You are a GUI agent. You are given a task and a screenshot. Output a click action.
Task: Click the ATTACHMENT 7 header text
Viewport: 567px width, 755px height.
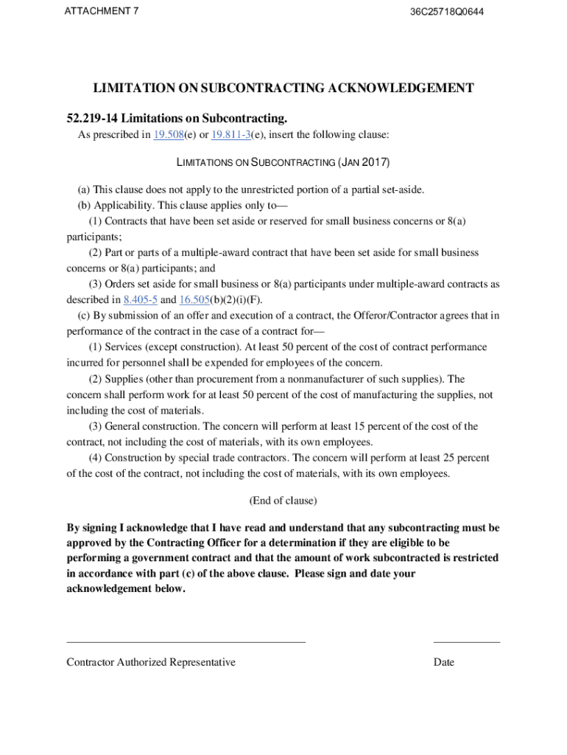102,12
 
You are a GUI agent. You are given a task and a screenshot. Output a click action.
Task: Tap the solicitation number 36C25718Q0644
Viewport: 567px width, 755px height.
447,13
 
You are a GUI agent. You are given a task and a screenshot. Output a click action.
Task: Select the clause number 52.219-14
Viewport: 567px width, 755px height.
94,118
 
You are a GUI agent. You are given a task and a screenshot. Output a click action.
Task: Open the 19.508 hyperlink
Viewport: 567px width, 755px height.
168,135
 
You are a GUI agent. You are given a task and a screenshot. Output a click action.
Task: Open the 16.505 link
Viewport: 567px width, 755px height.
194,299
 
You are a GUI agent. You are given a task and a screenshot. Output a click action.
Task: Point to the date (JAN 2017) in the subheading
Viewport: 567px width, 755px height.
364,161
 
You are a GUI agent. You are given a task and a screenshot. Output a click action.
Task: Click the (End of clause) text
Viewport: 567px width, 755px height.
283,501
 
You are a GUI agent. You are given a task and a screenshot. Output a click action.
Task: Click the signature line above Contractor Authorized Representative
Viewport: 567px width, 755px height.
186,642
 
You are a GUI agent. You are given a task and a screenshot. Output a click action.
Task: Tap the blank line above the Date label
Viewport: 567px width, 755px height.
466,642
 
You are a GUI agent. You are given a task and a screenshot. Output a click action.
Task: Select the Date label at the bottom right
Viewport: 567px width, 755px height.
444,662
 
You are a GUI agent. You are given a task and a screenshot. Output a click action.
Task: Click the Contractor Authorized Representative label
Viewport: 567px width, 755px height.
151,662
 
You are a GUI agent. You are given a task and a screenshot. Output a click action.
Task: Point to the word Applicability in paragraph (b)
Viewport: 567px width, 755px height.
122,205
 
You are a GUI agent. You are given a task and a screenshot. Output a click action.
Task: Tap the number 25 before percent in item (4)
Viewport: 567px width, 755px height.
448,458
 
